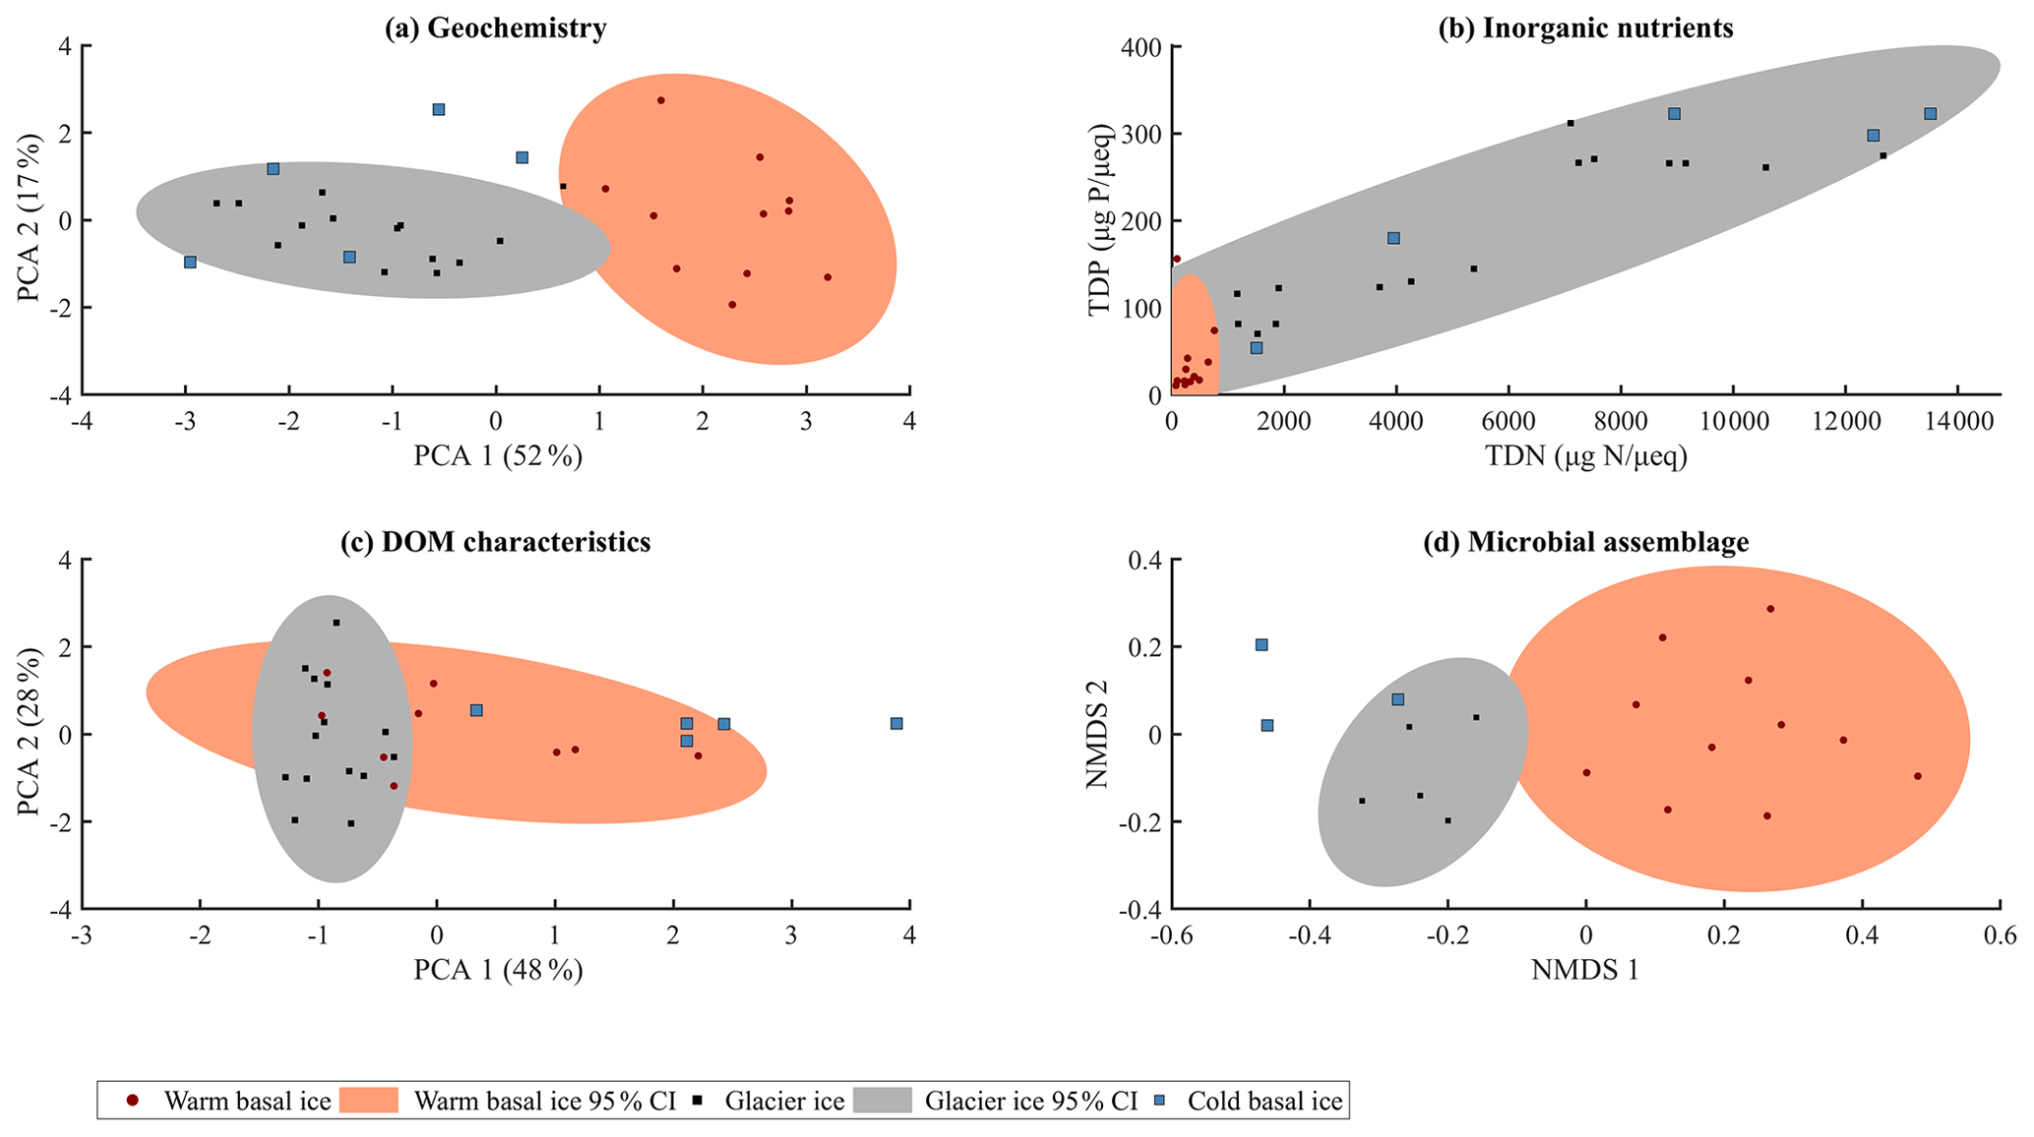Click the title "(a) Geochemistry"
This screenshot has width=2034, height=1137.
[x=495, y=29]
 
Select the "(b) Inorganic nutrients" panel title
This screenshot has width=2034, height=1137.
[x=1585, y=29]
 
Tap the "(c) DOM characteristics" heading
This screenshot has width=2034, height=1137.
[x=495, y=542]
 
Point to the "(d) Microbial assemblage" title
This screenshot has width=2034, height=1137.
[x=1585, y=542]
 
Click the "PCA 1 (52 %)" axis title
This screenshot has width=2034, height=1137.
[x=497, y=456]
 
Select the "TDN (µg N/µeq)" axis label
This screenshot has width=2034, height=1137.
[x=1585, y=456]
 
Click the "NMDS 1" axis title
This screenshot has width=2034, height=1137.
[x=1584, y=971]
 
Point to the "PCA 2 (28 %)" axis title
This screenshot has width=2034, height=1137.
[x=30, y=733]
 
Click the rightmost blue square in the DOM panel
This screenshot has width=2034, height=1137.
[x=896, y=724]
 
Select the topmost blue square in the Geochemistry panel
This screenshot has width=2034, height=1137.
[x=439, y=109]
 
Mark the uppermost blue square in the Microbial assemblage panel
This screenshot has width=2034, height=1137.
[x=1262, y=645]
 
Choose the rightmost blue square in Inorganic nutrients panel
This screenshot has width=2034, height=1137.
[x=1931, y=114]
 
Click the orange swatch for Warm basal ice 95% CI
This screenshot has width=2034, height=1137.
[x=368, y=1101]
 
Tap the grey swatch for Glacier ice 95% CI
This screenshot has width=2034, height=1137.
[x=882, y=1101]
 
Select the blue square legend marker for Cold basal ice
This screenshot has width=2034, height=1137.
[x=1164, y=1101]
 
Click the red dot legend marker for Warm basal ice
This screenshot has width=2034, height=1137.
[x=133, y=1101]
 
